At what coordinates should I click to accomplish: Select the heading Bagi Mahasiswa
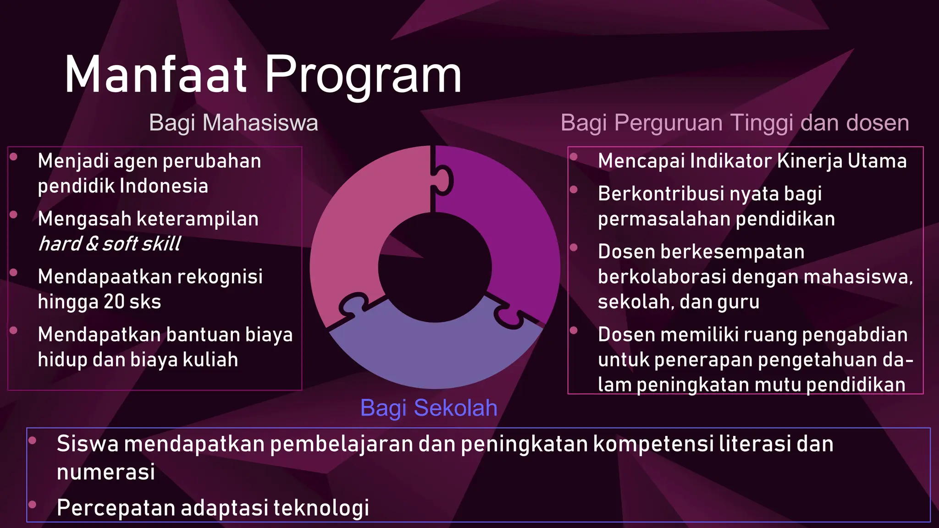233,123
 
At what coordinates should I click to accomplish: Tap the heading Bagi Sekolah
429,408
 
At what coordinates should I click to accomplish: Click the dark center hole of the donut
435,268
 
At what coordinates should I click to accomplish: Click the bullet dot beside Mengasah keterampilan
14,214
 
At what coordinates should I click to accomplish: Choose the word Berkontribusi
661,194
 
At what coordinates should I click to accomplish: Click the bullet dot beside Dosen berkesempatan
574,248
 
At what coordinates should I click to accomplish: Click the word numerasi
106,472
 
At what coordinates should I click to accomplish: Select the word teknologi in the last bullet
321,508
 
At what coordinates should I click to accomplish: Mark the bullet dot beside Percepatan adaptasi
32,505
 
